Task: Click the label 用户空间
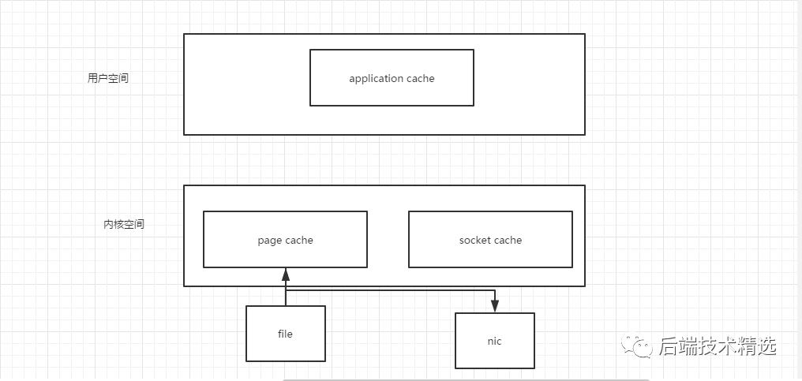pos(108,78)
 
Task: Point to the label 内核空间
pos(124,224)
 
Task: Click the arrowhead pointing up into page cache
pos(286,275)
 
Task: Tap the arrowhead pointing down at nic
pos(495,306)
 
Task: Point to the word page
pos(269,241)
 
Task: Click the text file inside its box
pos(286,334)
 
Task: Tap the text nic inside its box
pos(495,341)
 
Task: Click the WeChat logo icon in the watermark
pos(637,346)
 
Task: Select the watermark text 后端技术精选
pos(718,346)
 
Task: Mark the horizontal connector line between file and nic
pos(390,290)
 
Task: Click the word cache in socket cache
pos(508,241)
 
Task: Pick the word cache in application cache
pos(421,79)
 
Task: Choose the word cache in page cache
pos(299,241)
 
